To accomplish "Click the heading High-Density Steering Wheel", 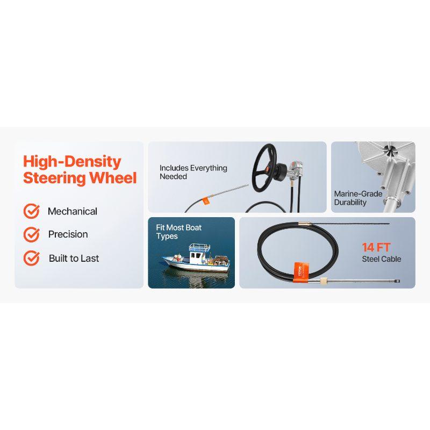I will click(x=80, y=169).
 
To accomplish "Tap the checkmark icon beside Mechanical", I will click(x=31, y=211).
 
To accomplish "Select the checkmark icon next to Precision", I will click(x=31, y=234).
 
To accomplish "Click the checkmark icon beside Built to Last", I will click(x=31, y=258).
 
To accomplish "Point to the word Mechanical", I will click(x=73, y=211).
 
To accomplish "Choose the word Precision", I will click(x=68, y=234).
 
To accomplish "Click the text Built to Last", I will click(x=74, y=258).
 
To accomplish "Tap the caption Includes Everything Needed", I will click(x=193, y=172).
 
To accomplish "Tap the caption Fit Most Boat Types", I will click(x=178, y=232).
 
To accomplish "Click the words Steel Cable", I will click(x=381, y=259).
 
